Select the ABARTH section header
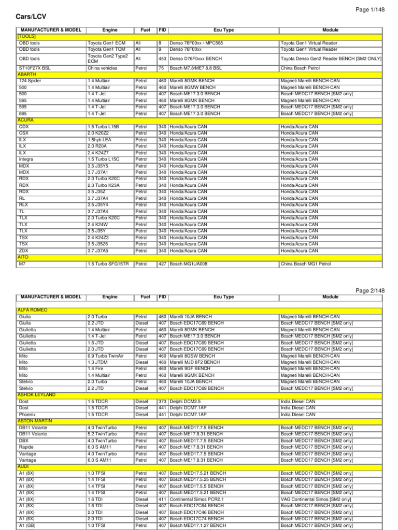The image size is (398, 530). [27, 75]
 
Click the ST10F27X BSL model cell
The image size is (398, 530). [35, 68]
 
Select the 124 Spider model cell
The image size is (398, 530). [30, 81]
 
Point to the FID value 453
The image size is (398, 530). [162, 59]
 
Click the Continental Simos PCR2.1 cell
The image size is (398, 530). [196, 499]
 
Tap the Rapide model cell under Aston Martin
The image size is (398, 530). [27, 447]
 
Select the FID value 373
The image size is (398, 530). [162, 402]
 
